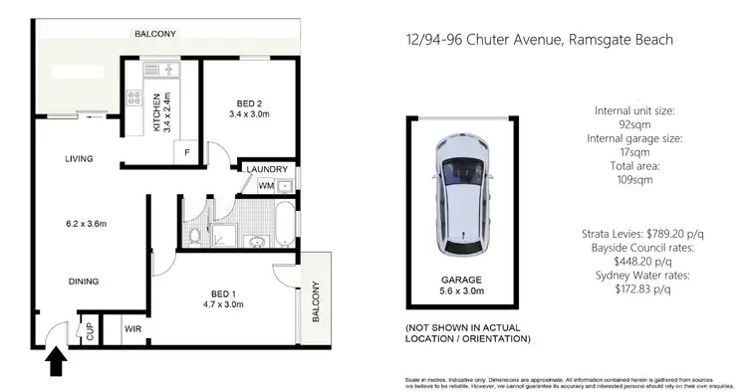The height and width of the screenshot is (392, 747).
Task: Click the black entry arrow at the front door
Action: coord(56,360)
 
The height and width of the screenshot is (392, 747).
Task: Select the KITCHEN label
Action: coord(156,111)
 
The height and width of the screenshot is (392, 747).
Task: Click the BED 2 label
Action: coord(250,103)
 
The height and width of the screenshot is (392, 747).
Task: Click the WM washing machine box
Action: coord(266,185)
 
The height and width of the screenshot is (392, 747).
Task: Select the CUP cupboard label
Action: coord(89,330)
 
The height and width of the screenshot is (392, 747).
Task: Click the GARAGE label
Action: coord(460,279)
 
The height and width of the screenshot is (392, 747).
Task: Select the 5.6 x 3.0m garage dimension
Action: coord(460,292)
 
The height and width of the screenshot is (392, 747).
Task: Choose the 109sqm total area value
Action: coord(636,181)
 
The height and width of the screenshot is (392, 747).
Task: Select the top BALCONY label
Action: coord(155,34)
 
